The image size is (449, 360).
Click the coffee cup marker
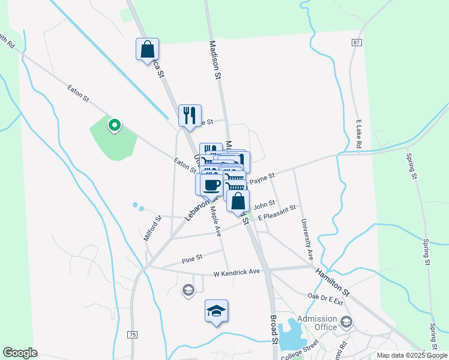pos(211,185)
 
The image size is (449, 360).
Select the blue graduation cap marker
pos(216,311)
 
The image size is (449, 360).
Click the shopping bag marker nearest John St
pos(238,201)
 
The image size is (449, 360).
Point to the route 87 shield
pos(357,43)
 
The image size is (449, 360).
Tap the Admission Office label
pos(317,322)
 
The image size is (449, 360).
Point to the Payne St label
pos(262,178)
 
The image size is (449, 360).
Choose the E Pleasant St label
pos(277,213)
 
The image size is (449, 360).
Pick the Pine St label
pos(193,260)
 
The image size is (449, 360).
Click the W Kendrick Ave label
pos(237,272)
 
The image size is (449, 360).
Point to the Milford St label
pos(151,228)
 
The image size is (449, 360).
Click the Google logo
pos(20,353)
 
